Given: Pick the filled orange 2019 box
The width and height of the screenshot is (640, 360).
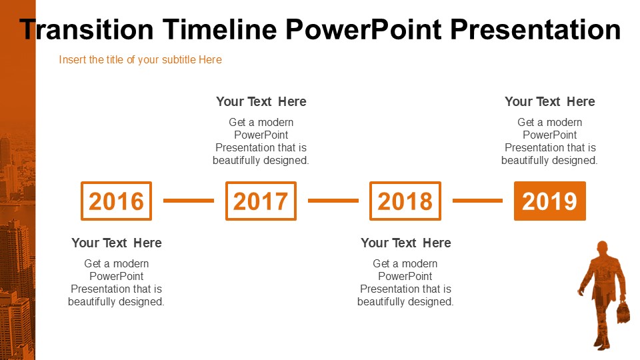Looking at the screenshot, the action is coord(550,201).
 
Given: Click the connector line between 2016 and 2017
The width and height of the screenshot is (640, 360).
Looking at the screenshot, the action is coord(189,201).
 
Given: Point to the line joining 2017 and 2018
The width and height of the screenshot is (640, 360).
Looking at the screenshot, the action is coord(333,201).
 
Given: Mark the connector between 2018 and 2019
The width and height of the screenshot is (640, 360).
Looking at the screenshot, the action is coord(477,201).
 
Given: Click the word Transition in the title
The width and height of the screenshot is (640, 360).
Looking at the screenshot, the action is coord(87,30).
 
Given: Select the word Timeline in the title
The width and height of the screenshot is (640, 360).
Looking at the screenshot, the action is coord(220,30).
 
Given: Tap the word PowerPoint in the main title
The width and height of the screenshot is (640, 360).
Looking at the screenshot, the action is coord(363,30).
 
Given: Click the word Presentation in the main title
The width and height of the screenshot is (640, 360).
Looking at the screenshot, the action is coord(535,30).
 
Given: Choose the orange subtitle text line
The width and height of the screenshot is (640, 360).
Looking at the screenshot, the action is coord(141,59).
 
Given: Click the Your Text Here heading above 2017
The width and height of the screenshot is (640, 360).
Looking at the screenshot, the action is coord(261,101).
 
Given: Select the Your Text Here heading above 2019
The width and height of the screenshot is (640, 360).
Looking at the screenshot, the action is coord(550,101).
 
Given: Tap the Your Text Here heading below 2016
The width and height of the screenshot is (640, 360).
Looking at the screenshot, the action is coord(117,243).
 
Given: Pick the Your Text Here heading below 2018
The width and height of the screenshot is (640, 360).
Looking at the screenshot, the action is coord(406,243).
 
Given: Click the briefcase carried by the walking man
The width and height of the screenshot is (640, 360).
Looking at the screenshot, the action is coord(623,312).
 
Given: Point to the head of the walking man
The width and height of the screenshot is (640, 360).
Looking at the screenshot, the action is coord(603,248).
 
